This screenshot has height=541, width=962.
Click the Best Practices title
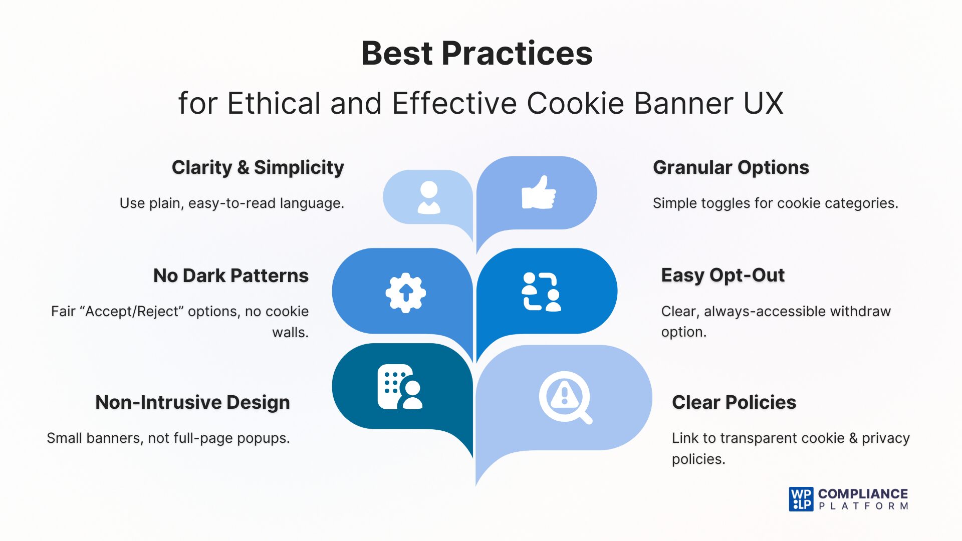[x=477, y=53]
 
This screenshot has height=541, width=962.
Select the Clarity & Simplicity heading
[x=258, y=167]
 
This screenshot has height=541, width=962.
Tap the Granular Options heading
[x=731, y=167]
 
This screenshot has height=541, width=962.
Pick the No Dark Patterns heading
[x=230, y=276]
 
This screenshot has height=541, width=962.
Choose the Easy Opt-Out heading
[x=723, y=275]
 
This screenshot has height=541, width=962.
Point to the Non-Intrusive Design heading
[x=192, y=402]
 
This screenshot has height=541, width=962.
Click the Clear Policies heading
[x=734, y=402]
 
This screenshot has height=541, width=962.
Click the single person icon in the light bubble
[x=429, y=197]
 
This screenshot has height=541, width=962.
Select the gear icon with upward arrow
[x=405, y=293]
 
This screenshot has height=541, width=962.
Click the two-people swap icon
[x=541, y=292]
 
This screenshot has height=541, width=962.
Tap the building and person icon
[x=399, y=387]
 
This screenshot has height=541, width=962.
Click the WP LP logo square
[x=801, y=499]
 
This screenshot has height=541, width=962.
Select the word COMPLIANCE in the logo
[x=863, y=494]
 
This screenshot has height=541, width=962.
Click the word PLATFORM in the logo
[x=863, y=506]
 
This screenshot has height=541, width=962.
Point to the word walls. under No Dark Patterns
[x=290, y=332]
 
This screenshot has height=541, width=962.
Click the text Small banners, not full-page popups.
[x=168, y=438]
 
